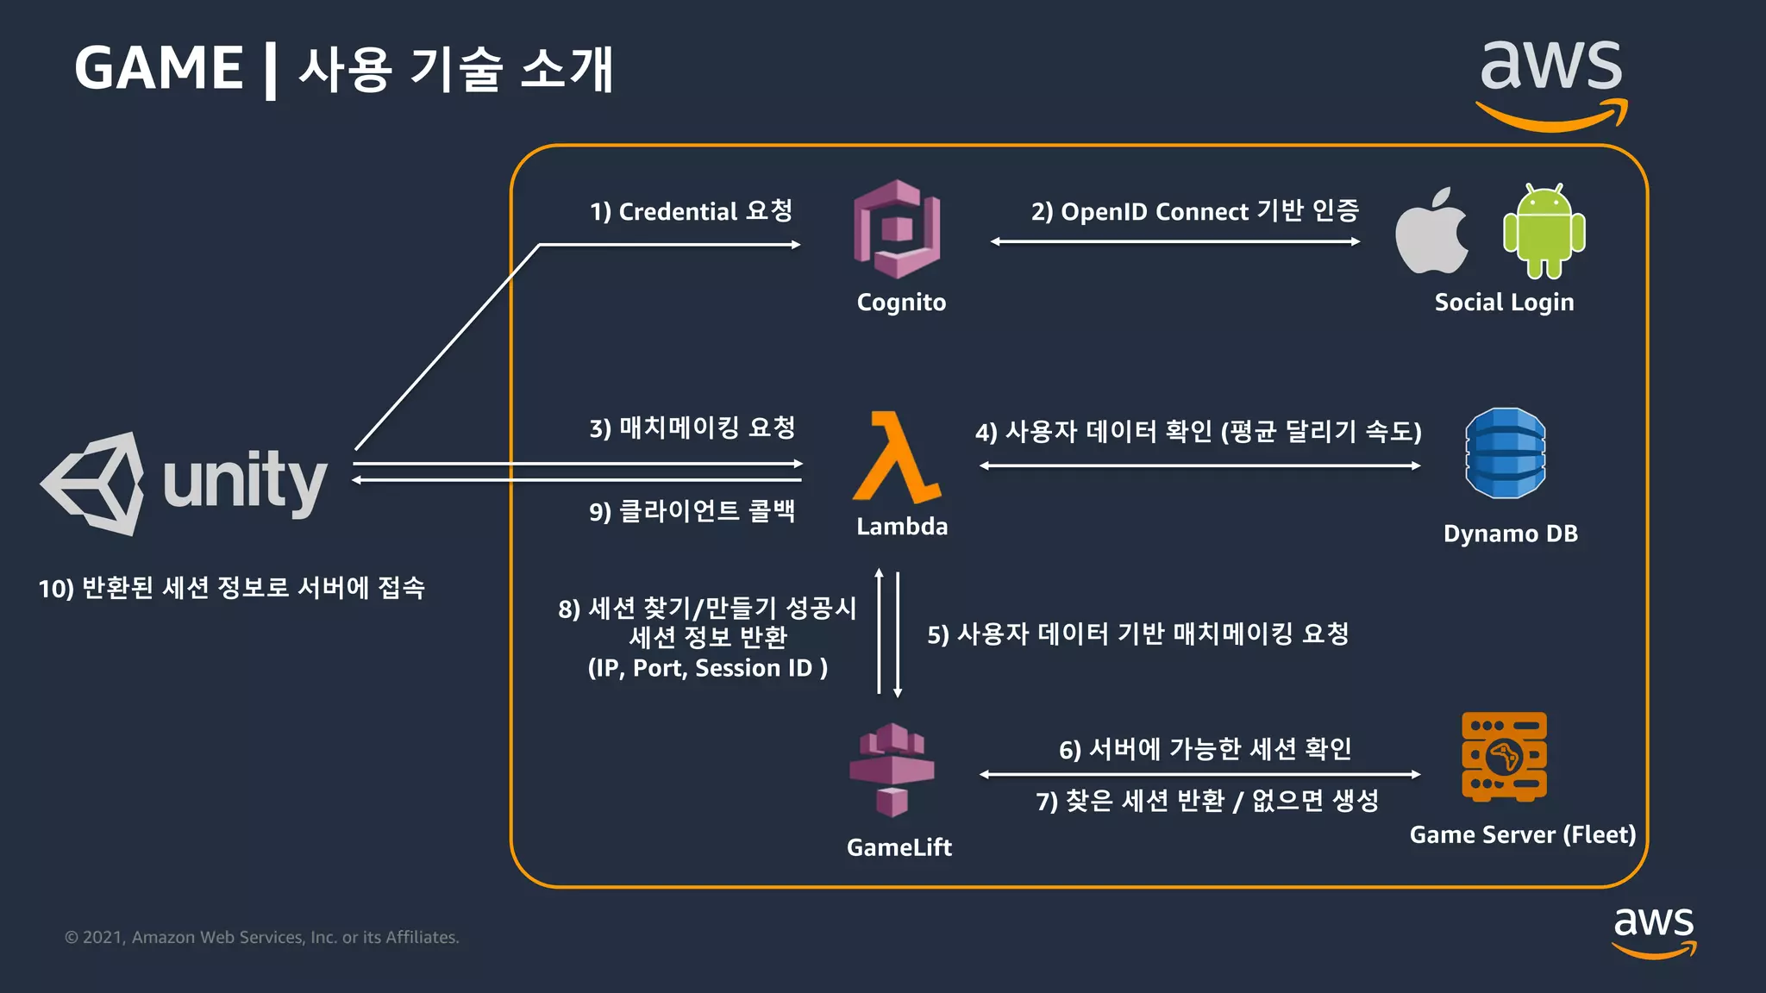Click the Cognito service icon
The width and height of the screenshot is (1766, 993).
[897, 228]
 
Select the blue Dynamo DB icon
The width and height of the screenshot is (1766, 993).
[1506, 453]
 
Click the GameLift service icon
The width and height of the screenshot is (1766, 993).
[892, 770]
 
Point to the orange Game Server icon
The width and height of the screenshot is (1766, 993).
[1504, 756]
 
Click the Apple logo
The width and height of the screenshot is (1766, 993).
[1431, 231]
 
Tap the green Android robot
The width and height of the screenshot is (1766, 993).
[1544, 231]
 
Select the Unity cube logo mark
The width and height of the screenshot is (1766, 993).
[93, 483]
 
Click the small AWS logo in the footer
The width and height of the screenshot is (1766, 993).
[1654, 932]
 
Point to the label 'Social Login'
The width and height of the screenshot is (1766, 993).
[1504, 303]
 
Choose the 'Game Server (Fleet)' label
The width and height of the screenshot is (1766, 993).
[1522, 834]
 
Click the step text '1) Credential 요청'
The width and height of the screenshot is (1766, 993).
[691, 211]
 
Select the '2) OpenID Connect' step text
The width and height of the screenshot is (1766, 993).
[1195, 211]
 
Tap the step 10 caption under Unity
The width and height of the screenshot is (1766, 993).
[232, 588]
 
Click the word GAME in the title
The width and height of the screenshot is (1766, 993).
[159, 68]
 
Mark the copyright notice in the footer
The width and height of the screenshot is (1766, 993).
[262, 937]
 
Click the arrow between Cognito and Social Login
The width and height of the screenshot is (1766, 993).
[1175, 242]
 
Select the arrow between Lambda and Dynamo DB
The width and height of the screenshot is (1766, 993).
[1199, 465]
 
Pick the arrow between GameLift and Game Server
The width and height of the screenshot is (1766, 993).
[1199, 774]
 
